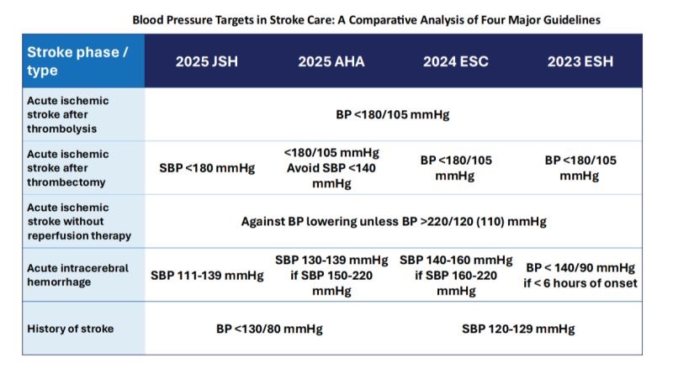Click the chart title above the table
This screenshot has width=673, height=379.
coord(367,18)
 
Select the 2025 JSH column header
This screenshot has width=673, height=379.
coord(206,61)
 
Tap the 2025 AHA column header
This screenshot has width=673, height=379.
coord(331,61)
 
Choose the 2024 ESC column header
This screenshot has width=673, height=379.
coord(455,61)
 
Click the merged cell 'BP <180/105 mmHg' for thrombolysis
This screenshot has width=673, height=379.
coord(393,114)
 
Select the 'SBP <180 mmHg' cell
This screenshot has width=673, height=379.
coord(206,167)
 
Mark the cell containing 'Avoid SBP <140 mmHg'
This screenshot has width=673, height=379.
coord(331,167)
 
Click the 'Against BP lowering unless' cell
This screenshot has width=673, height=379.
coord(393,221)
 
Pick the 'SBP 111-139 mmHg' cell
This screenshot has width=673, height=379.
coord(206,275)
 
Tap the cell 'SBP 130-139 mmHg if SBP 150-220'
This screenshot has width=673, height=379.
coord(331,274)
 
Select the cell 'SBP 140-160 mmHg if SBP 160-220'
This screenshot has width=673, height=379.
coord(455,274)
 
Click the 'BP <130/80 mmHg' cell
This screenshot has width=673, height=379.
coord(268,329)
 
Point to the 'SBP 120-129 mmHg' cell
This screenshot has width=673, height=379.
coord(517,329)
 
